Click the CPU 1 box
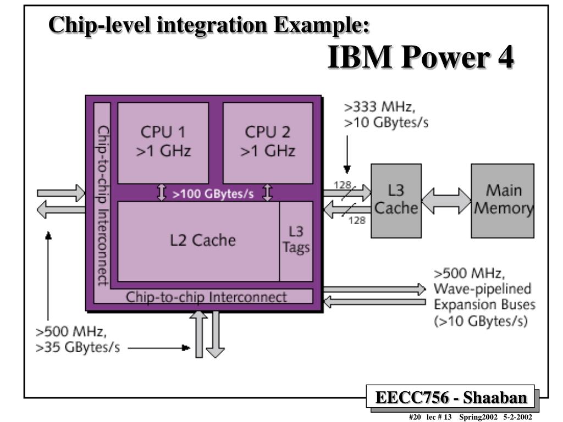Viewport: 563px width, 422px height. (163, 142)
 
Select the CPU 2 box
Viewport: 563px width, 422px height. (268, 142)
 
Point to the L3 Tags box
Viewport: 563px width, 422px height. (296, 240)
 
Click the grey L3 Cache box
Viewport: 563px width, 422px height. (395, 201)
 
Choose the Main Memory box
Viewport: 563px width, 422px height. (502, 201)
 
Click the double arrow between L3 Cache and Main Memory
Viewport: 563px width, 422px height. (444, 201)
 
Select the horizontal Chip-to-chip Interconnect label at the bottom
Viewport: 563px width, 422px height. (206, 297)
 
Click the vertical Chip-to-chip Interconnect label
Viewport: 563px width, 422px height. (102, 204)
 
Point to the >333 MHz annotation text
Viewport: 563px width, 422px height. (379, 107)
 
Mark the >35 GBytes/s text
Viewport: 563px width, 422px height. (78, 348)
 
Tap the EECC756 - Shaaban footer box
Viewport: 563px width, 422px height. (451, 396)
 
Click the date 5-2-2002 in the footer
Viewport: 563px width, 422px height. (518, 417)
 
